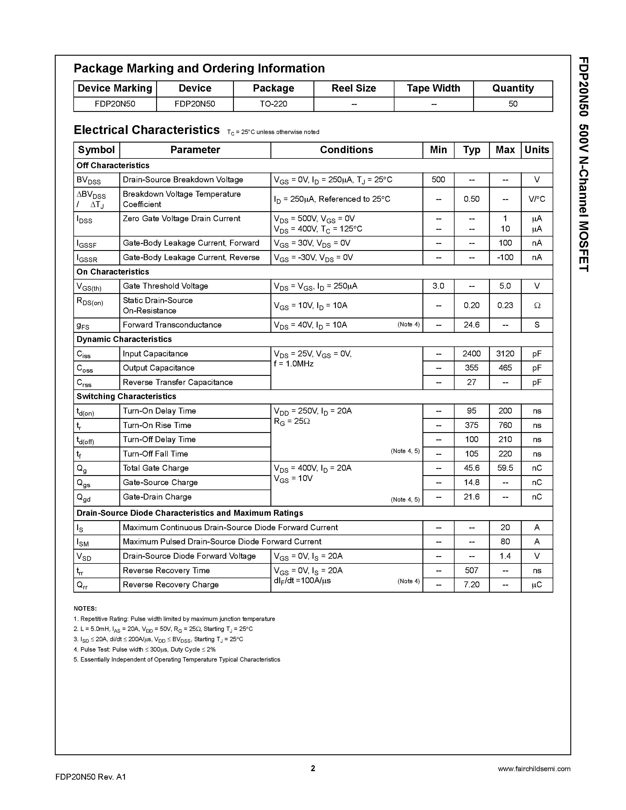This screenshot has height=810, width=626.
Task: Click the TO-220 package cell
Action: tap(273, 104)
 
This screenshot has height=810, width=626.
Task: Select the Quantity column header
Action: tap(513, 88)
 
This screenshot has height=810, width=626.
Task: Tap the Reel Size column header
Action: tap(354, 88)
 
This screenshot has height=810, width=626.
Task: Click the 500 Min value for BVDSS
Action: tap(438, 180)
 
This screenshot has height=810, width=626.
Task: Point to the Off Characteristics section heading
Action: tap(113, 166)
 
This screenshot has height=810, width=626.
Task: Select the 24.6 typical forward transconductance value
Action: tap(471, 325)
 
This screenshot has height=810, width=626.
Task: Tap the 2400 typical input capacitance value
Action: tap(471, 354)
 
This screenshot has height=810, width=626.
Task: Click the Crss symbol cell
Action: tap(84, 383)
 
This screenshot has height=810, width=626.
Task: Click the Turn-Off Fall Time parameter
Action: tap(155, 454)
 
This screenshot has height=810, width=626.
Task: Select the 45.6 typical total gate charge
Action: tap(471, 468)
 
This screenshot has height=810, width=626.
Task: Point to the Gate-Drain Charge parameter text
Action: tap(157, 497)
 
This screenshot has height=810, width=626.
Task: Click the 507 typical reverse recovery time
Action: tap(471, 571)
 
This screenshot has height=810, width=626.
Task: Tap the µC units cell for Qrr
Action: tap(537, 585)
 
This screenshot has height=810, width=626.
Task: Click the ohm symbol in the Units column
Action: tap(537, 306)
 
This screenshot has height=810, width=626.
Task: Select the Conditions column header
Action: tap(346, 150)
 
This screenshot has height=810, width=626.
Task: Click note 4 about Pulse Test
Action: tap(145, 649)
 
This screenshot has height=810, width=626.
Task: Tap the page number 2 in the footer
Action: tap(313, 768)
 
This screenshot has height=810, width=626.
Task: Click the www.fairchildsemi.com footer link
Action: tap(534, 769)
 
